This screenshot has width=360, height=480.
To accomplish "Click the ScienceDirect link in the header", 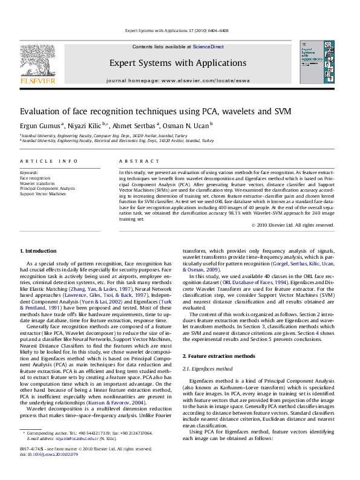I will (x=208, y=47).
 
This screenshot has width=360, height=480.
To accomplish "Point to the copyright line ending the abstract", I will (x=292, y=225).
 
